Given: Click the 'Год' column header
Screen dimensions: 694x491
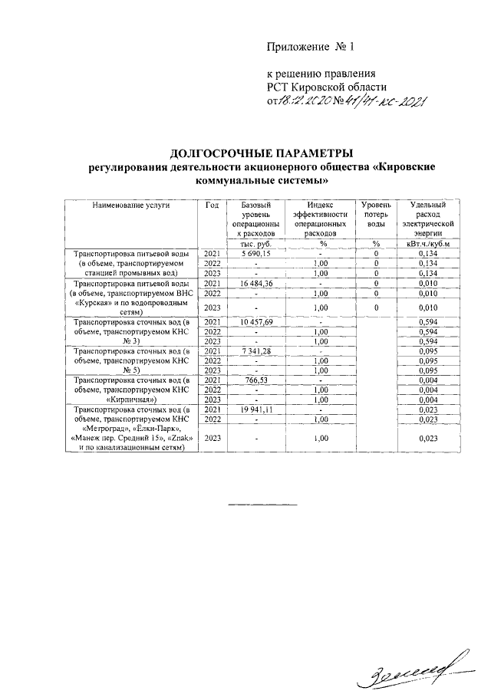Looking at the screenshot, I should click(x=213, y=205).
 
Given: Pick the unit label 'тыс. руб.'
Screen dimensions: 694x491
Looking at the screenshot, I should click(x=256, y=243).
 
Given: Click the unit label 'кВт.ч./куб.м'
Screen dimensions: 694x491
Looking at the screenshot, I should click(x=428, y=243).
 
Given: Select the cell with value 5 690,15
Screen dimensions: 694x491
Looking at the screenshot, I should click(x=256, y=253).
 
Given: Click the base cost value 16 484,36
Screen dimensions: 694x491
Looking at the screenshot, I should click(x=256, y=284).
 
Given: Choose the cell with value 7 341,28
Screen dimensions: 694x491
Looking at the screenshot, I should click(x=256, y=350).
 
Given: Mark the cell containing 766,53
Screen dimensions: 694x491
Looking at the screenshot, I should click(x=256, y=380).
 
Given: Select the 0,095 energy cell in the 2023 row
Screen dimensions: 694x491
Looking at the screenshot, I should click(x=428, y=370).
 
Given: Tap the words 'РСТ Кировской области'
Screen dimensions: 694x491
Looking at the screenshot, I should click(x=331, y=87).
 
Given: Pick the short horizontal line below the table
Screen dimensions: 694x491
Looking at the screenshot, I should click(x=253, y=505).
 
